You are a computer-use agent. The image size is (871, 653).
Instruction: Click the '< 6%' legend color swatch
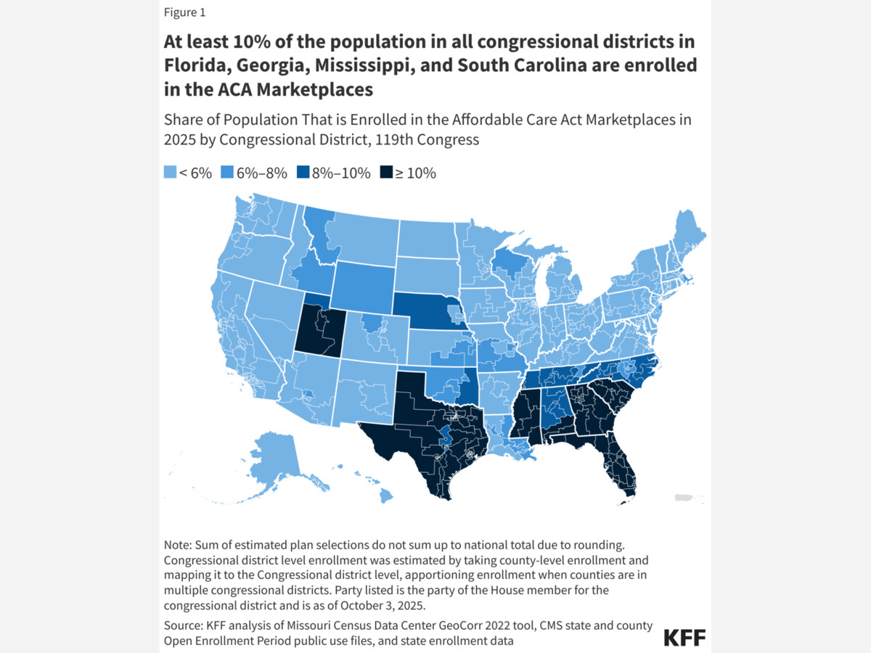tap(170, 173)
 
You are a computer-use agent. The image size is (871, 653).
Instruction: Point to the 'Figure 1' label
tap(184, 12)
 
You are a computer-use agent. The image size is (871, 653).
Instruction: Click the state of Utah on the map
tap(316, 329)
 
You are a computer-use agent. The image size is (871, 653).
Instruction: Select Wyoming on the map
tap(362, 282)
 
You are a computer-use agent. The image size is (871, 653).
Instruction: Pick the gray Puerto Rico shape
tap(685, 498)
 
